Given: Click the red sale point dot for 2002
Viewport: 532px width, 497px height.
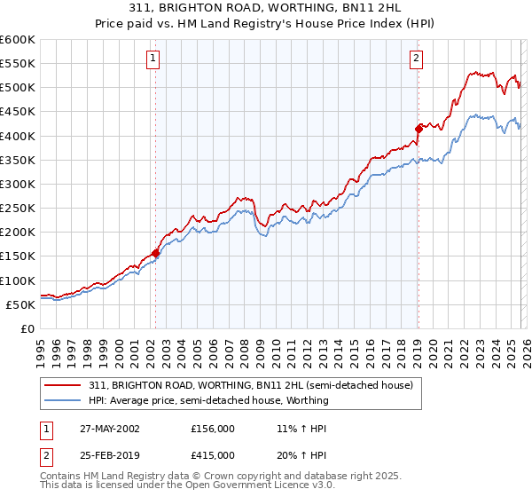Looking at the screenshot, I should tap(156, 253).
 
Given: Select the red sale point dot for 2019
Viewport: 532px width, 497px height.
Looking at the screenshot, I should tap(418, 129).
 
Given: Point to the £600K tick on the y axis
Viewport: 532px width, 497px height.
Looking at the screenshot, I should tap(18, 40).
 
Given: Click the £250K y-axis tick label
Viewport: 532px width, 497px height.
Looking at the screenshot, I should tap(18, 209).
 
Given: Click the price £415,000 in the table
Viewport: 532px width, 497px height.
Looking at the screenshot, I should tap(213, 454).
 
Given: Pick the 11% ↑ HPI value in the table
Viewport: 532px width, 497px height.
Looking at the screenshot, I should tap(301, 428).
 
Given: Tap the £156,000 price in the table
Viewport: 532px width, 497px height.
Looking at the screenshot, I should tap(213, 428).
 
